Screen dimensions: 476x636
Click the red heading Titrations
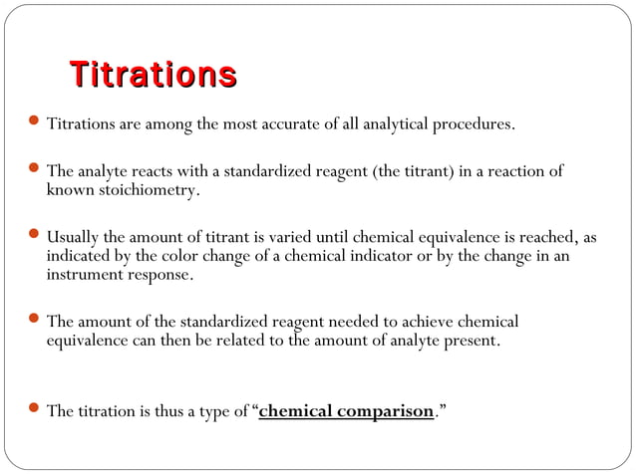[153, 76]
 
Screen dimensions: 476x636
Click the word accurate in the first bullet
[289, 125]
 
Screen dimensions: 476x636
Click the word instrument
[85, 274]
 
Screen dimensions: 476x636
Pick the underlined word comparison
[384, 411]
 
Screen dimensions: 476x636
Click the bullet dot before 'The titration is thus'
[35, 409]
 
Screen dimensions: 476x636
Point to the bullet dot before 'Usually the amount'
[35, 236]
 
